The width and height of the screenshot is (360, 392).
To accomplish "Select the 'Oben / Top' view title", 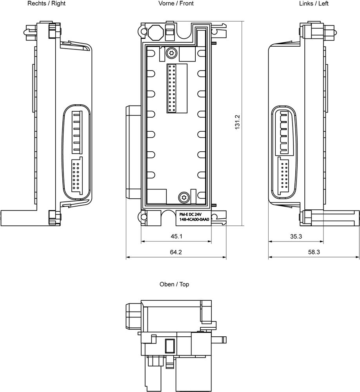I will [x=174, y=284].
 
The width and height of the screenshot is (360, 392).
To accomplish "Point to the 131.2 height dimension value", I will [x=237, y=123].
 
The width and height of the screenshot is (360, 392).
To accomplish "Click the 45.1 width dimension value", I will [x=176, y=236].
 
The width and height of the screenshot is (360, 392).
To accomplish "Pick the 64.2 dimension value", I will [x=176, y=252].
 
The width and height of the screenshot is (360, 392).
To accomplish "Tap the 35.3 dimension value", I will [x=296, y=236].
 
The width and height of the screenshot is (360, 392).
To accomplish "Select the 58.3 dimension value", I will [x=314, y=252].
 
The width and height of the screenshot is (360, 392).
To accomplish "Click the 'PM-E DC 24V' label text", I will [x=190, y=214].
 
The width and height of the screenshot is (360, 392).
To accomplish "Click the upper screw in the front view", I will [x=171, y=53].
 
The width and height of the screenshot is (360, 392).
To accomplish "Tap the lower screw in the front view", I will [x=184, y=198].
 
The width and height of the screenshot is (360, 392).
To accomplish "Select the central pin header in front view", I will [x=171, y=89].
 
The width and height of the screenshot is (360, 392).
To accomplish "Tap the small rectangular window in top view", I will [x=170, y=346].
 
